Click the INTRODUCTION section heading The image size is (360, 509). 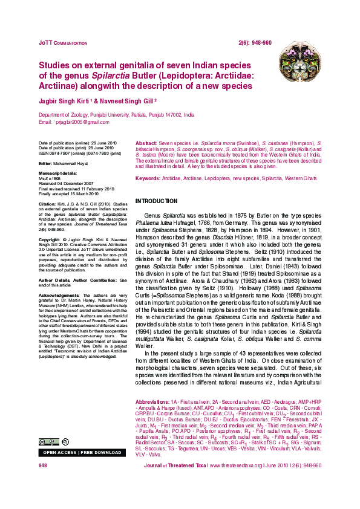point(156,201)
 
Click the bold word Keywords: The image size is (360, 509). point(148,179)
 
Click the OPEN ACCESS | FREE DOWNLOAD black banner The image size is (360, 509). point(82,452)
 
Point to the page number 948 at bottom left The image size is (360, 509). point(43,465)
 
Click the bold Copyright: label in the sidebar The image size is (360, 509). point(50,239)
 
